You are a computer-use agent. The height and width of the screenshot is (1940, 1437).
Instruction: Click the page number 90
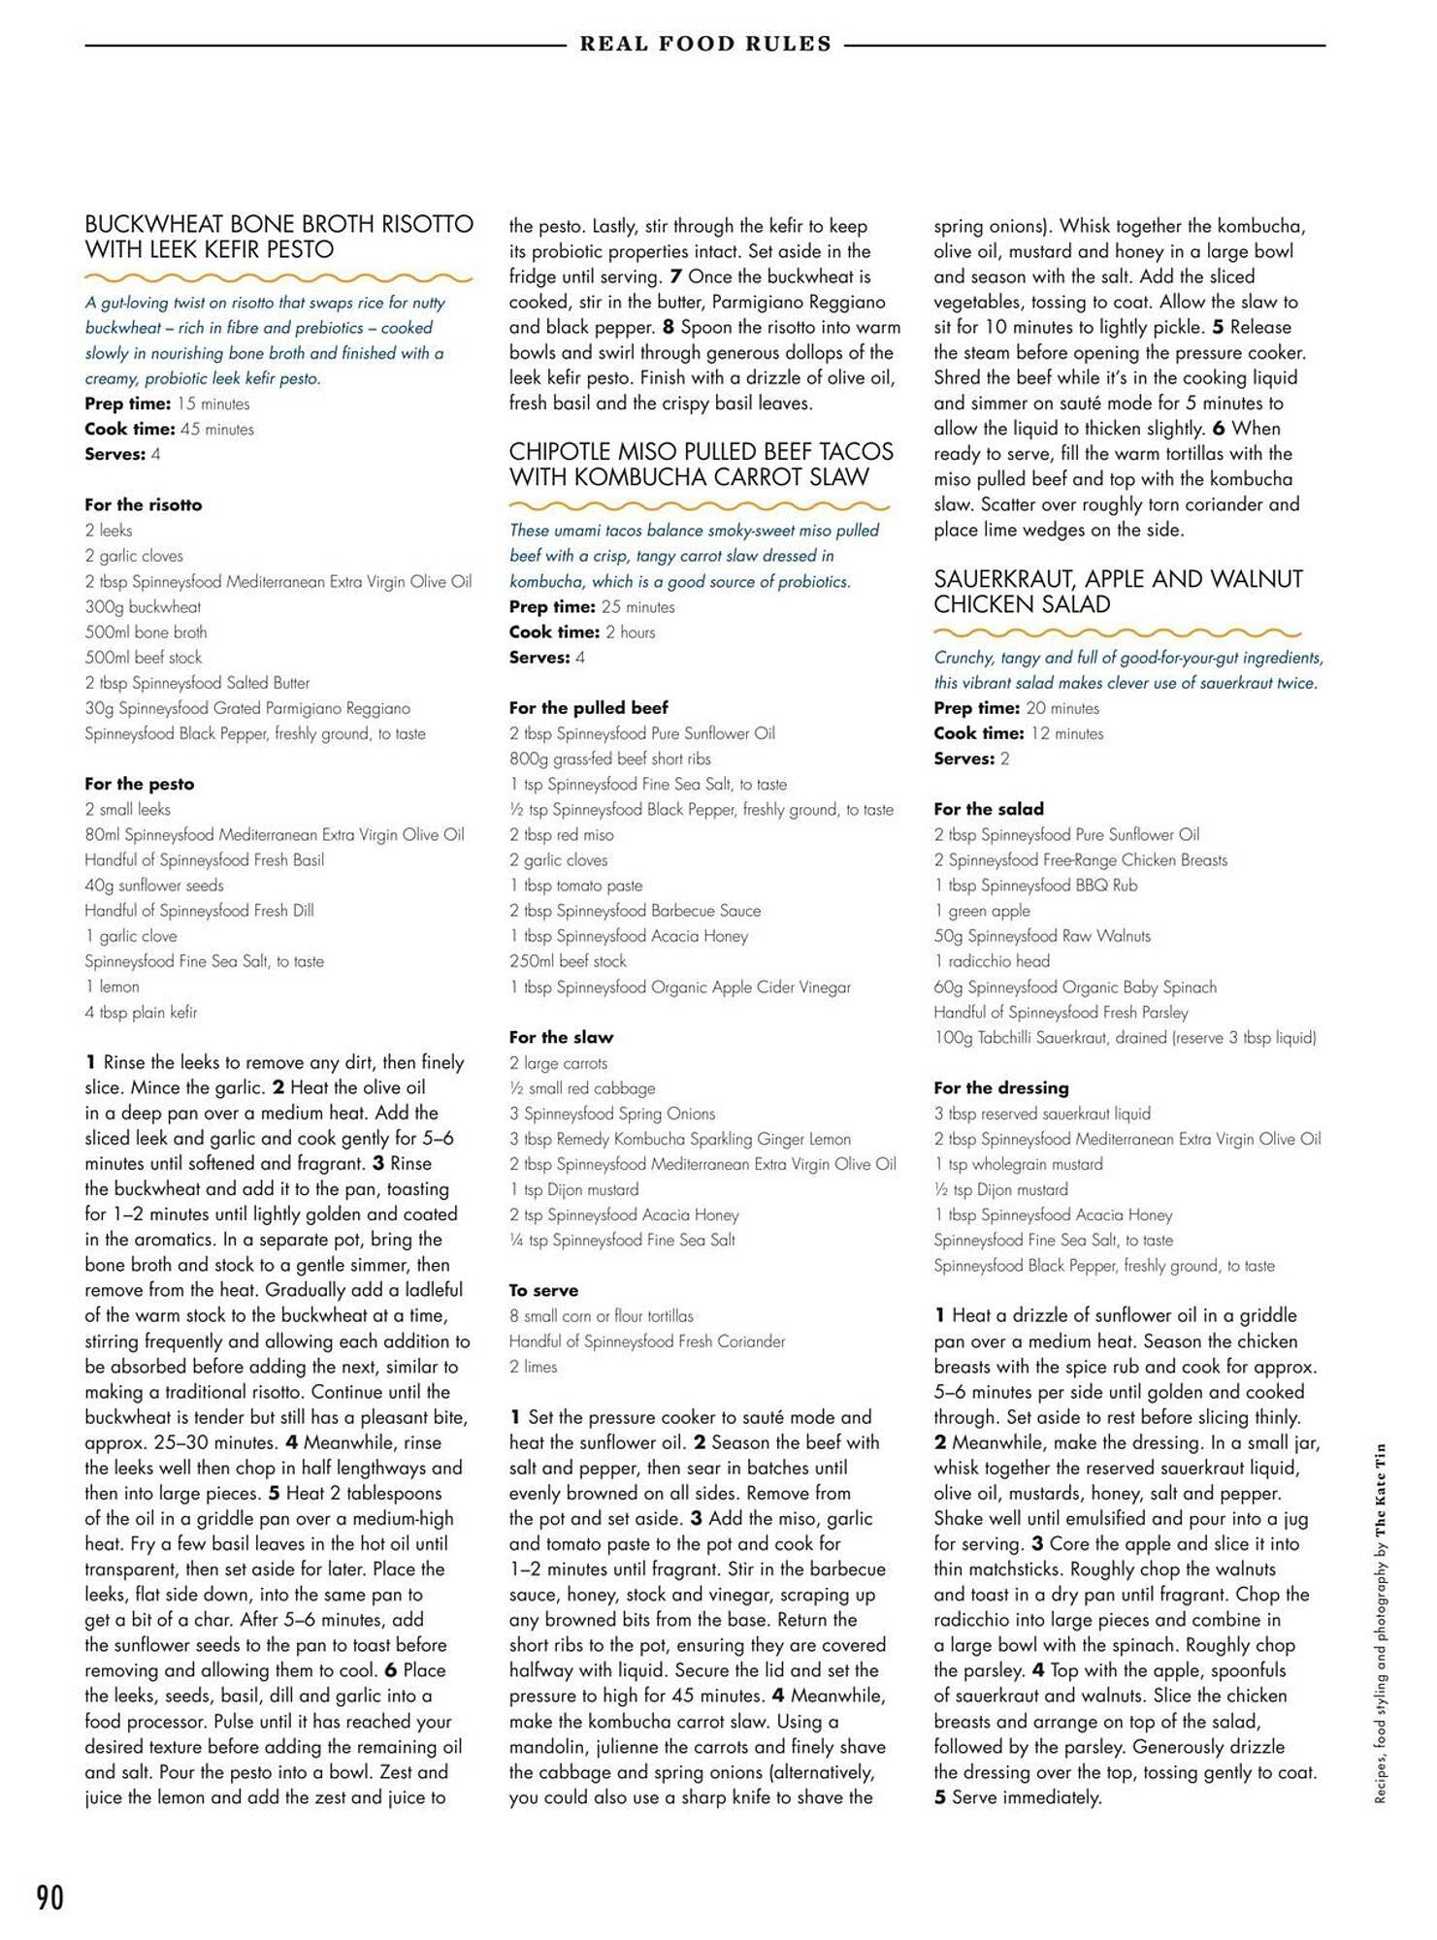[x=49, y=1896]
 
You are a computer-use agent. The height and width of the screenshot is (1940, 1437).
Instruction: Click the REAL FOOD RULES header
[x=705, y=44]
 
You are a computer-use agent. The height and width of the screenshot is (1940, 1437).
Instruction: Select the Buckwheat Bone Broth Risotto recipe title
[x=278, y=237]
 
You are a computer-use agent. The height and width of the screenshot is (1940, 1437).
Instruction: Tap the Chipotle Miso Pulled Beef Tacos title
[x=701, y=464]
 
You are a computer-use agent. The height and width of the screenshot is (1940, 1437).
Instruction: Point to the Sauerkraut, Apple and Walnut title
[x=1118, y=591]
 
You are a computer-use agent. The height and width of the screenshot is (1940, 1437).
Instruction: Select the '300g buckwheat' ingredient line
[x=143, y=607]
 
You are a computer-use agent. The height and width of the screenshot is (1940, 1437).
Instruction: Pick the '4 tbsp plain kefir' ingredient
[x=141, y=1012]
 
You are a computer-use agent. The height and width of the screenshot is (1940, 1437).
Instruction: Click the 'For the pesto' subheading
[x=139, y=784]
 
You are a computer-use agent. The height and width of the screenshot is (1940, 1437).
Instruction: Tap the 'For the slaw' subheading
[x=561, y=1037]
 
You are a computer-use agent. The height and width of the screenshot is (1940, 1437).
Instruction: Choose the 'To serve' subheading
[x=543, y=1290]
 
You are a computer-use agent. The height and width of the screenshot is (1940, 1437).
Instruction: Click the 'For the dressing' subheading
[x=1000, y=1087]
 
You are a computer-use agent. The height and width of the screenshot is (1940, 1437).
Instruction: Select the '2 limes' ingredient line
[x=534, y=1366]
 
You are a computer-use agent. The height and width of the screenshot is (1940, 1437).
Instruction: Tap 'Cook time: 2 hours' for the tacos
[x=581, y=632]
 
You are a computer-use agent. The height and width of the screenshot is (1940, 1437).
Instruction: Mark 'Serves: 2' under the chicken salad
[x=971, y=759]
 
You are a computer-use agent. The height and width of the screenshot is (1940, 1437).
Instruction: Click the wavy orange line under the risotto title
[x=278, y=278]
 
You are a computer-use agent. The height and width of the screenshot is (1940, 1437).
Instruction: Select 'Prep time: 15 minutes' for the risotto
[x=167, y=404]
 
